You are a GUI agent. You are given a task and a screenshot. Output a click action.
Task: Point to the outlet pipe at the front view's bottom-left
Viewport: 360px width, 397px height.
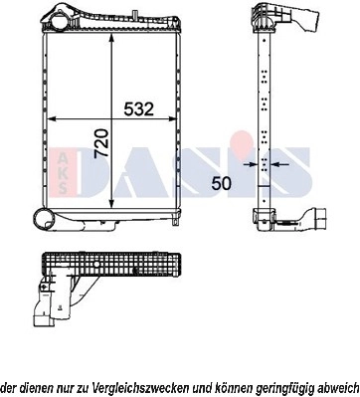pos(44,220)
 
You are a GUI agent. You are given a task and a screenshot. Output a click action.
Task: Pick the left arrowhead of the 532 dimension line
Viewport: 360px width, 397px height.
pos(52,119)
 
